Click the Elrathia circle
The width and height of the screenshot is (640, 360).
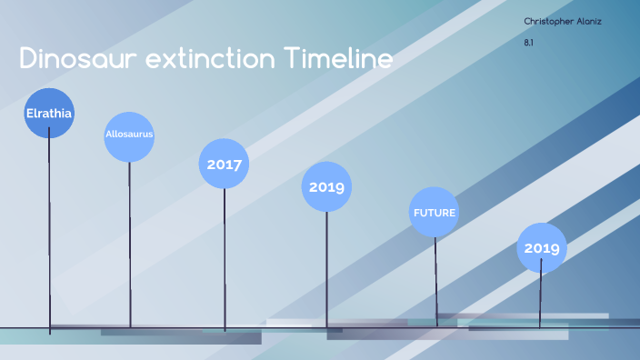[49, 114]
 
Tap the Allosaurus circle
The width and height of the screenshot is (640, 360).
[129, 136]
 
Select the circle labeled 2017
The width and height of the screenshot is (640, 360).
[224, 164]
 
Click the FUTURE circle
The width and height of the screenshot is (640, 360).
[435, 212]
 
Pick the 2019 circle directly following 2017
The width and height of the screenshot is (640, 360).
[326, 187]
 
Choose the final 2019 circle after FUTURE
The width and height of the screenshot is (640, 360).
[542, 247]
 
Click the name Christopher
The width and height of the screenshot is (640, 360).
[548, 21]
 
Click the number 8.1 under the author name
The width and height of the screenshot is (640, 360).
[529, 42]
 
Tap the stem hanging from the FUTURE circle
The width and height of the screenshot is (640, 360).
[435, 277]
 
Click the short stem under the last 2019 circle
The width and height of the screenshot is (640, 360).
[542, 295]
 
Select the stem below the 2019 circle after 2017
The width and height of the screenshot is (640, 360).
[326, 269]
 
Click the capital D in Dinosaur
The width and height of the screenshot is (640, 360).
[27, 59]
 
